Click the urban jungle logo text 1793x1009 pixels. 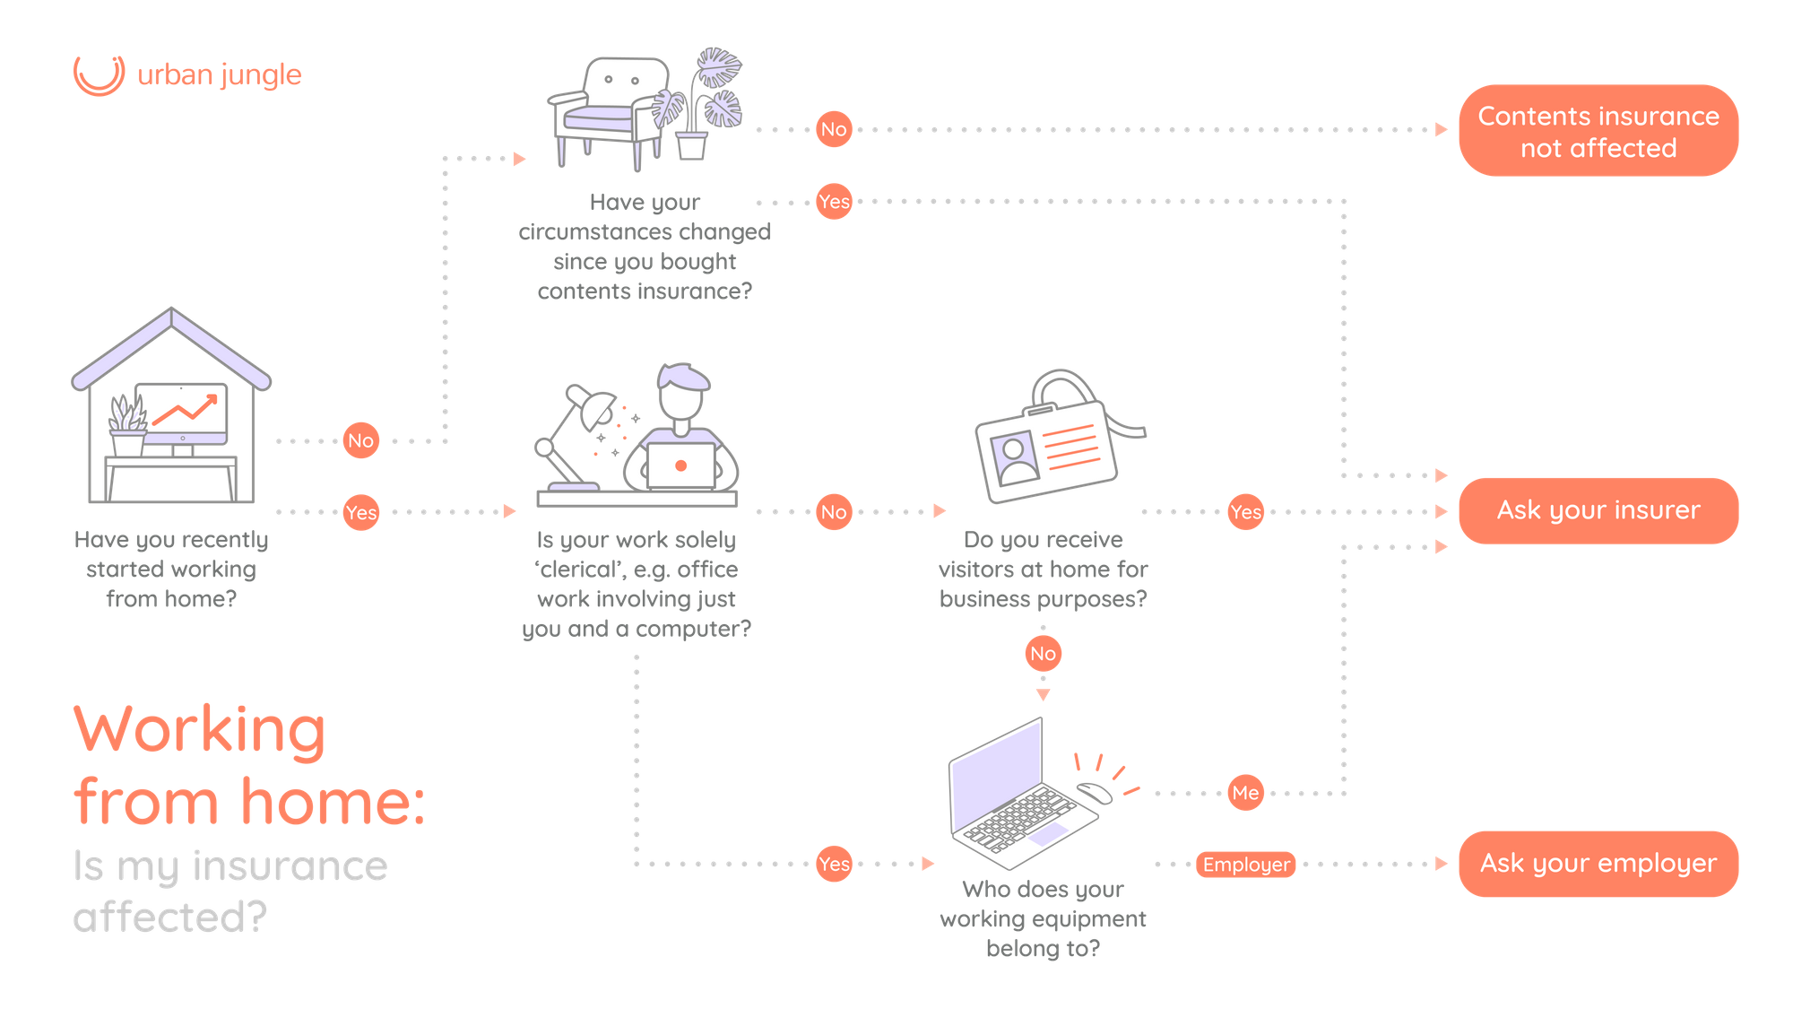[x=219, y=74]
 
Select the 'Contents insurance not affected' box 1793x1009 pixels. [x=1598, y=131]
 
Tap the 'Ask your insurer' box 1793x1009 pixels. [x=1598, y=510]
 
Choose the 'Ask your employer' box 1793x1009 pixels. [x=1598, y=863]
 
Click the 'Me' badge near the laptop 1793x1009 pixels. [x=1245, y=793]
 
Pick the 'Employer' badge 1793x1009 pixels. [x=1245, y=865]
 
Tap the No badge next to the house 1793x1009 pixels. [x=360, y=440]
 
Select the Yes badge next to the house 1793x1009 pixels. [x=360, y=512]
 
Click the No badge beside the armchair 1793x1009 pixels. [x=833, y=129]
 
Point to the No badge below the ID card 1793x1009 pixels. [x=1043, y=653]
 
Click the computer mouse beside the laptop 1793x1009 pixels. [x=1094, y=791]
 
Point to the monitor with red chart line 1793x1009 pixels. [x=182, y=413]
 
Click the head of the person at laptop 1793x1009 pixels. [x=682, y=389]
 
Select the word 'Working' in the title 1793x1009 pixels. [x=200, y=730]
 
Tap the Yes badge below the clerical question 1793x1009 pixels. [x=834, y=865]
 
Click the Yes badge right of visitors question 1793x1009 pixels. [x=1245, y=512]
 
